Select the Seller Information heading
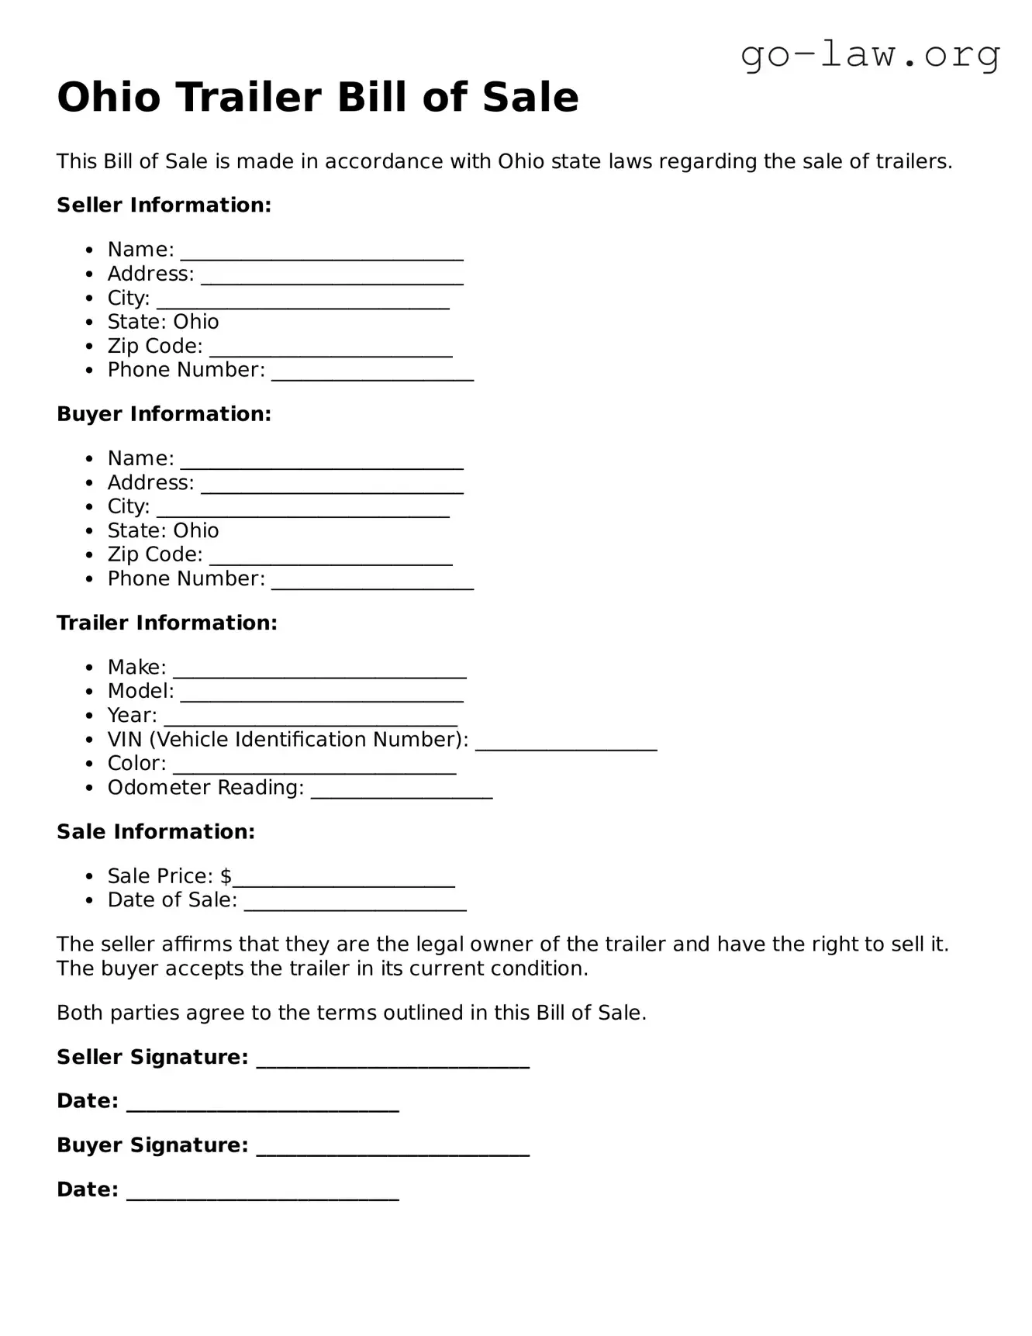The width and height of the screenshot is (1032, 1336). (x=164, y=205)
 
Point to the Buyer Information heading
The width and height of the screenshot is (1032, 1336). (x=164, y=414)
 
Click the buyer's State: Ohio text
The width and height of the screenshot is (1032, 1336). (x=163, y=531)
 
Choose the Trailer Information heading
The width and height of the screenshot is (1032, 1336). (x=167, y=623)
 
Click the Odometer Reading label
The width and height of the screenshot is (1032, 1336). (x=205, y=788)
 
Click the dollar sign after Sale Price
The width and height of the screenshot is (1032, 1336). (x=226, y=876)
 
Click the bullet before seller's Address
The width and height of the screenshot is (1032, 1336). (x=91, y=274)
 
